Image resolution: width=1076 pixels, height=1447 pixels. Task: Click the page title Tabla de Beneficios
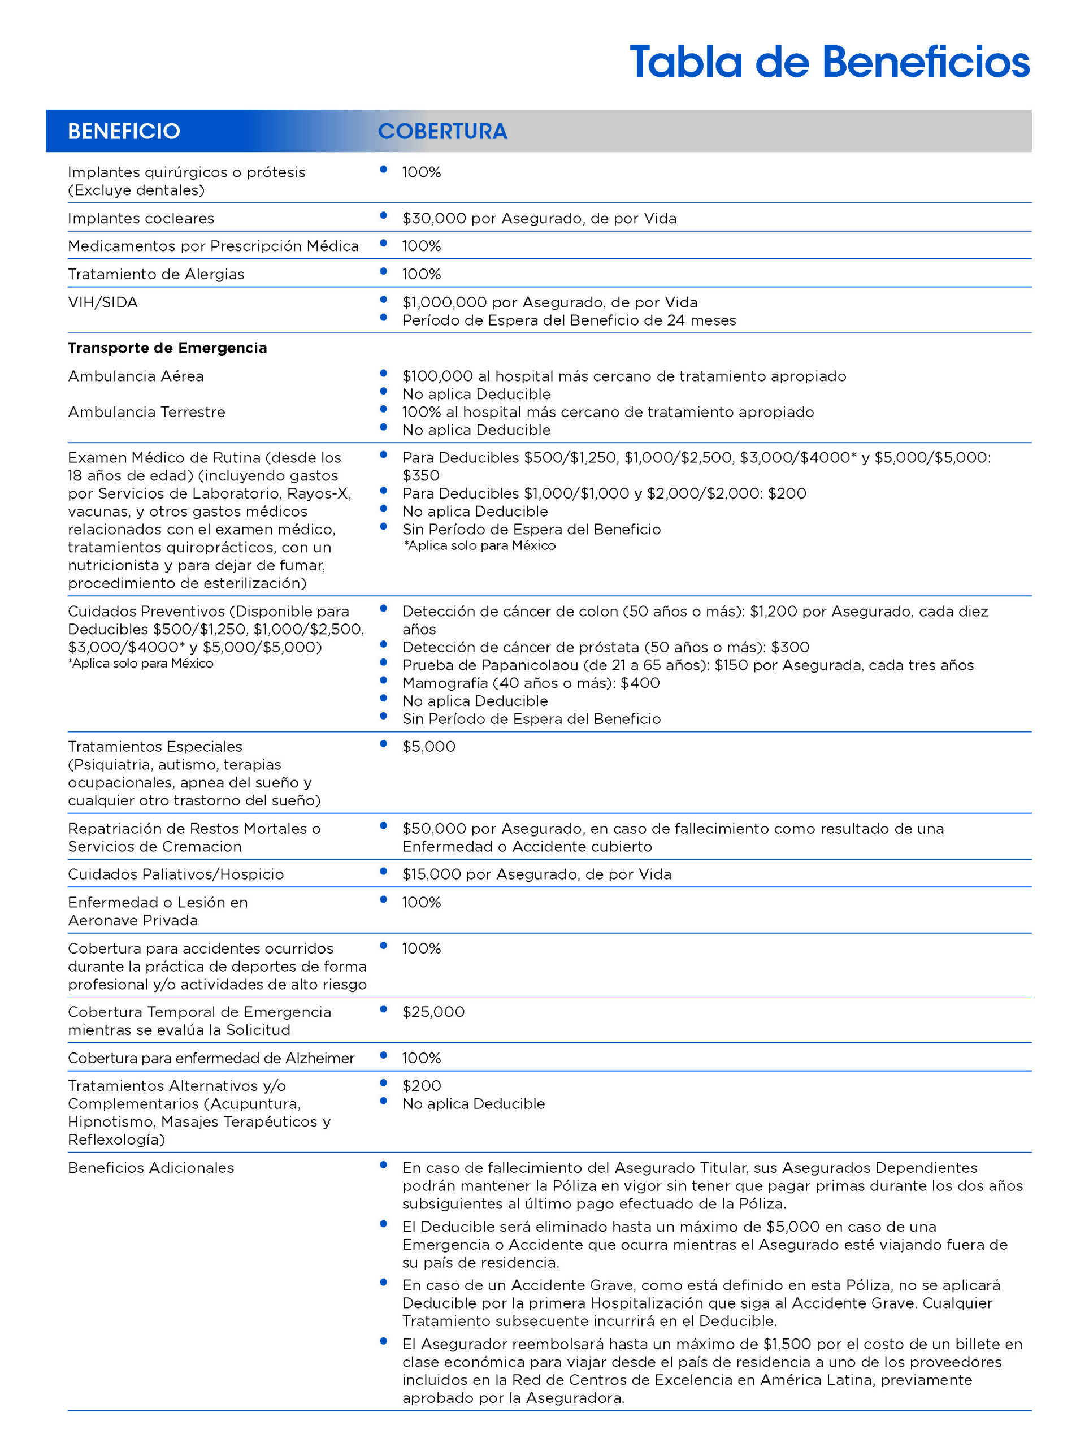828,63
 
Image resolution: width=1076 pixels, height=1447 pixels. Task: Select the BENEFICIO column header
124,131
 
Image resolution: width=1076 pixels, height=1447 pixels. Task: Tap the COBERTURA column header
442,131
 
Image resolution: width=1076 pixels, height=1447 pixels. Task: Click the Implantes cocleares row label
141,218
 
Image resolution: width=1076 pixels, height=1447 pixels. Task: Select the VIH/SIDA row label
103,302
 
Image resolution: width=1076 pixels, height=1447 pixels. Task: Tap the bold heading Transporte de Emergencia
167,348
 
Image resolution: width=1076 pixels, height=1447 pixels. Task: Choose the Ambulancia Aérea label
136,376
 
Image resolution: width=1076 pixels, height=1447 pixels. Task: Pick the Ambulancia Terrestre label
146,411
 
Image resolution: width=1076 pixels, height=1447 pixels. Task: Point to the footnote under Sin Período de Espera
479,546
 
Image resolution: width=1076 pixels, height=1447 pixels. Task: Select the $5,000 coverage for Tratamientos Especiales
428,747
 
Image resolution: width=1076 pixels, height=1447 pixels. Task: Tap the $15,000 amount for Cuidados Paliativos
431,874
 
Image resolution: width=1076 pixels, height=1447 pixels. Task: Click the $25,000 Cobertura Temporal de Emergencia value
433,1012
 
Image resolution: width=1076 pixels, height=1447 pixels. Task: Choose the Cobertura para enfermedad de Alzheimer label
211,1058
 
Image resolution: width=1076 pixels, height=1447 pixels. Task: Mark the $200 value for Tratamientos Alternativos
422,1085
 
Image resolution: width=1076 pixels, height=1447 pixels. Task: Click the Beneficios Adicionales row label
151,1168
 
